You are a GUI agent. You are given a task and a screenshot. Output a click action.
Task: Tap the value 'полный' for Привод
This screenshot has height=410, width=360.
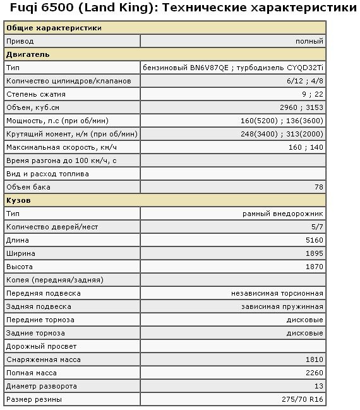[309, 41]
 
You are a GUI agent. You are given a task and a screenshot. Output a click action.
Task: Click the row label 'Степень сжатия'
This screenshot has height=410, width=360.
[35, 94]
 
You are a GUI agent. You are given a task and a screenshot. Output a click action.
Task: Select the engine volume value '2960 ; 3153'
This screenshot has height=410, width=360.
[301, 107]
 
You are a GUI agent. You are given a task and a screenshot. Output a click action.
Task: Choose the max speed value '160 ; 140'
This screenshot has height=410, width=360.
[306, 147]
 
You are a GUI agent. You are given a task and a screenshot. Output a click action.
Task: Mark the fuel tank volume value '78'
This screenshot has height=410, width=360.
[319, 187]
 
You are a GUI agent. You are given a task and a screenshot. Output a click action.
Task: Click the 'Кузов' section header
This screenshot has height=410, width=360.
[18, 200]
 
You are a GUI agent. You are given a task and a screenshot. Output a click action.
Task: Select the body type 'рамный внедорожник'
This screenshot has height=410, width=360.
[283, 214]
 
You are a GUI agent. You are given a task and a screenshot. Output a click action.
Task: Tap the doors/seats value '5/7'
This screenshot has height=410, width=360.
[317, 227]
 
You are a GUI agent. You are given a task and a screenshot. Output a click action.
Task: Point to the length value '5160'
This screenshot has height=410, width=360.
[315, 240]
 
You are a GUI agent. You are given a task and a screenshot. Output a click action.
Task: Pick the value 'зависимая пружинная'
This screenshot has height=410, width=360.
[282, 306]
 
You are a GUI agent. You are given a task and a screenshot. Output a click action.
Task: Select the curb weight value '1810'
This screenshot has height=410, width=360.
[315, 359]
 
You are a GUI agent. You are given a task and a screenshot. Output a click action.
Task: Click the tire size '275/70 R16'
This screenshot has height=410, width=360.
[303, 399]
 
